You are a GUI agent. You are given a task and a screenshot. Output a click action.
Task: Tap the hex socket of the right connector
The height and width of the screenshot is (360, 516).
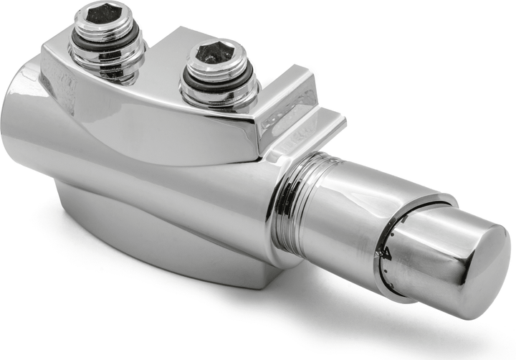(215, 53)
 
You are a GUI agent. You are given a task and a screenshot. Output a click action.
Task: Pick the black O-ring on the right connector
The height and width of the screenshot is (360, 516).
(216, 84)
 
